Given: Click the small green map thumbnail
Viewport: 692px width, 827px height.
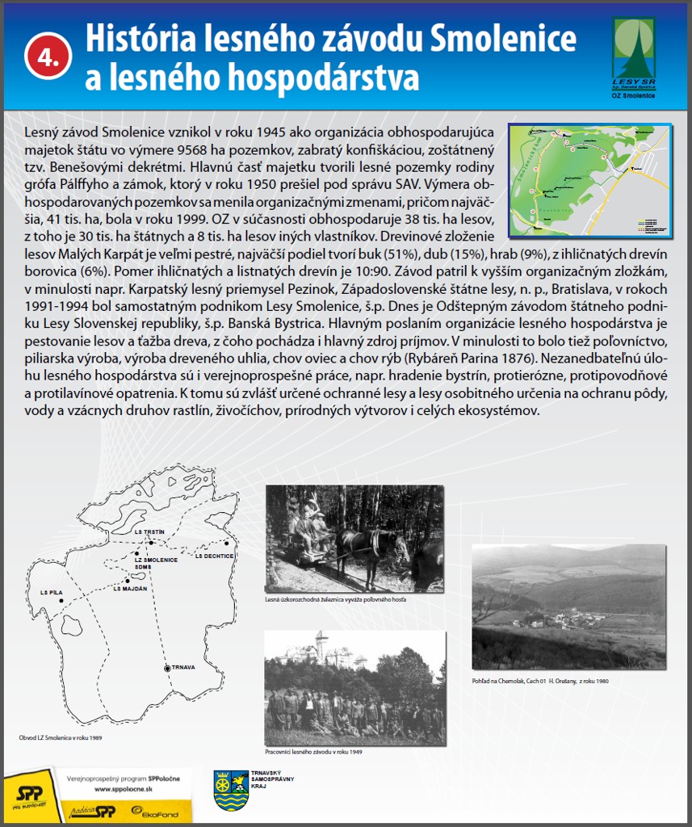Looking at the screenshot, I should point(589,180).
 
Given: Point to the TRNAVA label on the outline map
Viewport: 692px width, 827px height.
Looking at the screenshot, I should point(186,668).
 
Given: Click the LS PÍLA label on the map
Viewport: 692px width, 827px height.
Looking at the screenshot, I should point(51,593).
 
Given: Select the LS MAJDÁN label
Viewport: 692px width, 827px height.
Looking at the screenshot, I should point(129,588).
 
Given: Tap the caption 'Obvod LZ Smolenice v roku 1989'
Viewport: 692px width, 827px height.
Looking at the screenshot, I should point(61,737).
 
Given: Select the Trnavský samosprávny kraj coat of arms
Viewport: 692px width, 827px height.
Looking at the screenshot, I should point(231,791).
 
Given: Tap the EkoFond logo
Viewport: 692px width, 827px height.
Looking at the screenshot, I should point(166,811).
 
